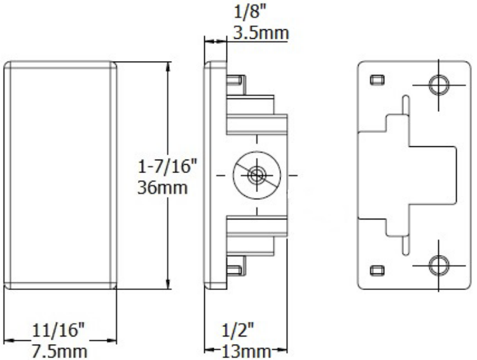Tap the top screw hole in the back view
[438, 84]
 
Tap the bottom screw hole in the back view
[438, 264]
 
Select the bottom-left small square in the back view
[376, 268]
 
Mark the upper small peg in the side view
[236, 81]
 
